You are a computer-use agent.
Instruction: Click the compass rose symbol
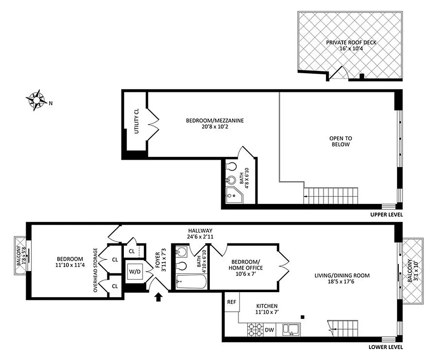pos(36,100)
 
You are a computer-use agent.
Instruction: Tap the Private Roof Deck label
pos(350,46)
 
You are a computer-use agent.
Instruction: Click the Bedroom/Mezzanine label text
pos(215,124)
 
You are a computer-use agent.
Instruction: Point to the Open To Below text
pos(341,142)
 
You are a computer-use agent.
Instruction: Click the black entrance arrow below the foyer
pos(158,297)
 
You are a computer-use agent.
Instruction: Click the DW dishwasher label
pos(269,329)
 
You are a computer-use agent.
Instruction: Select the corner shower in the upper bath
pos(233,194)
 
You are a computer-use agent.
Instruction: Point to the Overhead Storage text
pos(96,270)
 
